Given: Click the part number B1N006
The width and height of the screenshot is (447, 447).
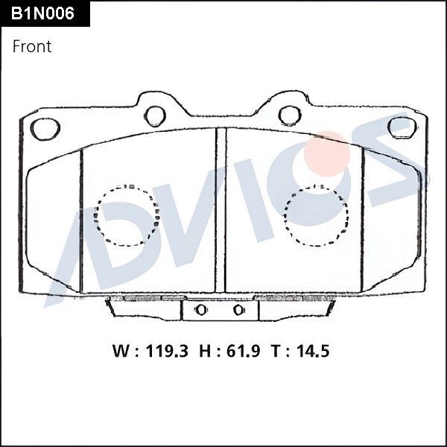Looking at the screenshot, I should [43, 13].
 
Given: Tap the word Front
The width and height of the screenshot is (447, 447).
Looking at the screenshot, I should [32, 46].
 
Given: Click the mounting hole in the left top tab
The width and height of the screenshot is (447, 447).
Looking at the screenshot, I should [155, 115].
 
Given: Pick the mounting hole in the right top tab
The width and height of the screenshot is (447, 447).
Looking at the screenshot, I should [289, 115].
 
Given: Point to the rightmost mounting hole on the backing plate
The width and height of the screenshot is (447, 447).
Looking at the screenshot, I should [401, 127].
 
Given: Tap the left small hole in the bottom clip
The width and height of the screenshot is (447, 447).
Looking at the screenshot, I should [200, 310].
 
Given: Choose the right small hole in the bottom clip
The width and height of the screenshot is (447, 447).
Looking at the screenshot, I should [238, 310].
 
